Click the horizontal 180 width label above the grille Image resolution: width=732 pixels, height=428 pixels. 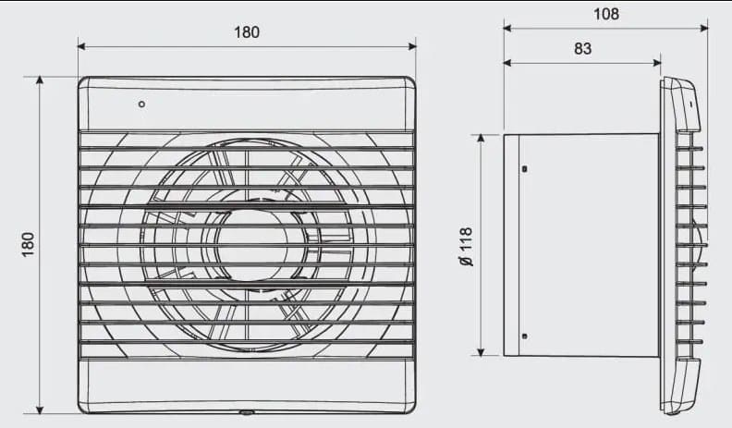(x=247, y=32)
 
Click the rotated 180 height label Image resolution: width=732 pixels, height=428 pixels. (x=28, y=244)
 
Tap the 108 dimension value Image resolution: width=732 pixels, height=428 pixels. (x=606, y=14)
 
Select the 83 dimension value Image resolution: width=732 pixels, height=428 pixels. (x=582, y=49)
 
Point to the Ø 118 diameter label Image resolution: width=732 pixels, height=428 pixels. (x=466, y=246)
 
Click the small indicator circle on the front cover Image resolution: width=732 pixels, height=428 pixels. (x=141, y=104)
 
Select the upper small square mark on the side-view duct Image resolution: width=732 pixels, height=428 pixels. (x=524, y=169)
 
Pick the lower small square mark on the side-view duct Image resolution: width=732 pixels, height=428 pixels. (x=524, y=336)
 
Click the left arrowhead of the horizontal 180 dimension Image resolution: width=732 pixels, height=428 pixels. (x=81, y=44)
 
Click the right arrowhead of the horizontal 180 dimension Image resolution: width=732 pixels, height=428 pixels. (x=412, y=44)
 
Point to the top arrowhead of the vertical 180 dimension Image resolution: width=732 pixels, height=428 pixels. (x=40, y=80)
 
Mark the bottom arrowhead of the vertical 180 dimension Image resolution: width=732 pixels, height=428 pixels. (x=40, y=410)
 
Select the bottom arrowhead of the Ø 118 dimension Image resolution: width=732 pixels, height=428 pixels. (x=481, y=351)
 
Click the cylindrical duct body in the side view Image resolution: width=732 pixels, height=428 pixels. (x=582, y=245)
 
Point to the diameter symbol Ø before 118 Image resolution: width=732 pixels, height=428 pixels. (x=466, y=262)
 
